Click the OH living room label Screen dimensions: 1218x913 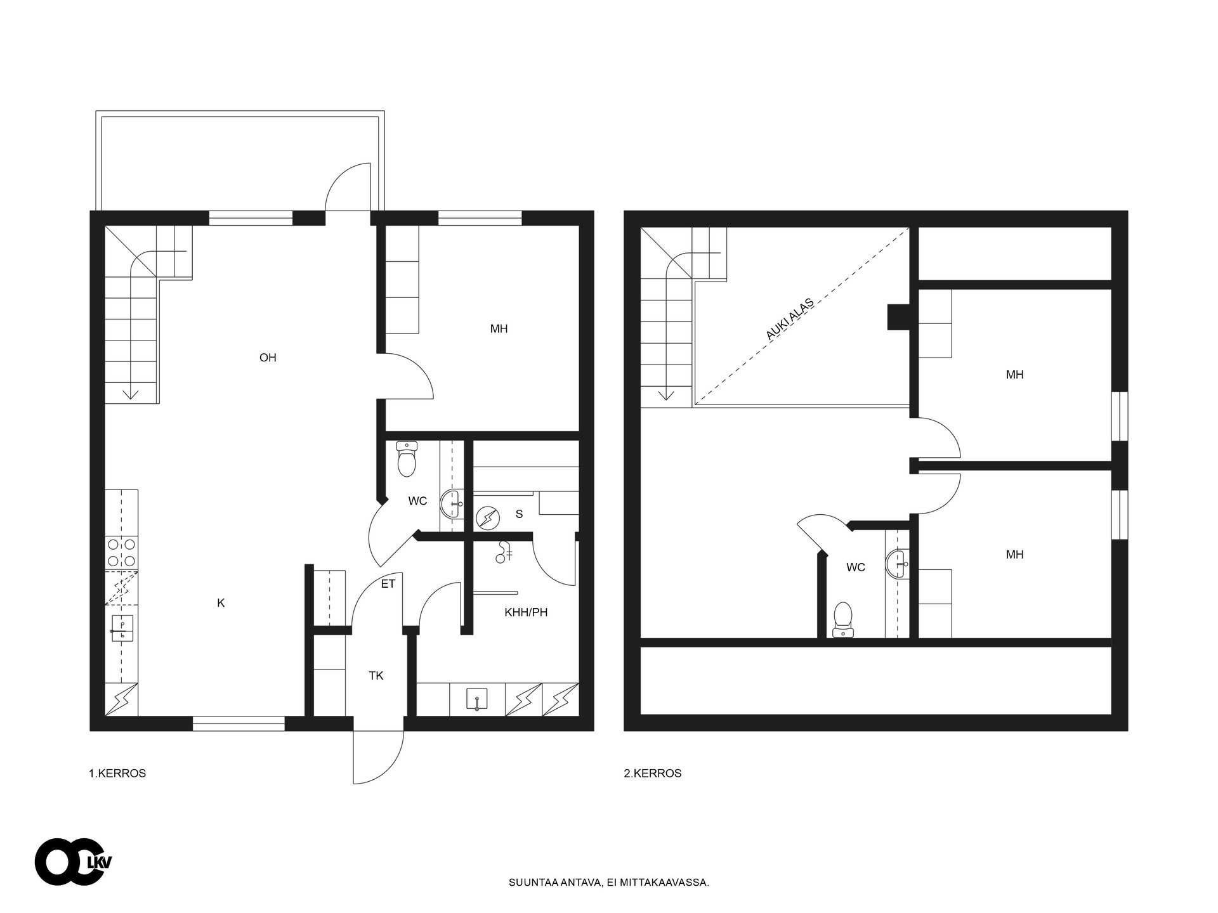pyautogui.click(x=268, y=358)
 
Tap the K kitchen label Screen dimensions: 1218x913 pyautogui.click(x=221, y=603)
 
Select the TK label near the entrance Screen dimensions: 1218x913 pyautogui.click(x=376, y=676)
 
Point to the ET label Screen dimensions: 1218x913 pyautogui.click(x=388, y=584)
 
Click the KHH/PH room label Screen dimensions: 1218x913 pyautogui.click(x=526, y=612)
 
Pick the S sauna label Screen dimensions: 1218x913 pyautogui.click(x=519, y=514)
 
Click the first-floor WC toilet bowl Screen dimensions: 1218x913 pyautogui.click(x=406, y=459)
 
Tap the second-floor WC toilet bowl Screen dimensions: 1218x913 pyautogui.click(x=842, y=619)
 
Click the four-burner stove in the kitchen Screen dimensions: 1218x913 pyautogui.click(x=121, y=552)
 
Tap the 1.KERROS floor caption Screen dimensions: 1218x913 pyautogui.click(x=117, y=774)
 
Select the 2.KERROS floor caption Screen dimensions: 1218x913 pyautogui.click(x=653, y=774)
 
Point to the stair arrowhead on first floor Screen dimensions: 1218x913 pyautogui.click(x=131, y=395)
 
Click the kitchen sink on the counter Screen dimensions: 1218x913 pyautogui.click(x=122, y=628)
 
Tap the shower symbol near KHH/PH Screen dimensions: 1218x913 pyautogui.click(x=504, y=552)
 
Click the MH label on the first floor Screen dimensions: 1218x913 pyautogui.click(x=499, y=329)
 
